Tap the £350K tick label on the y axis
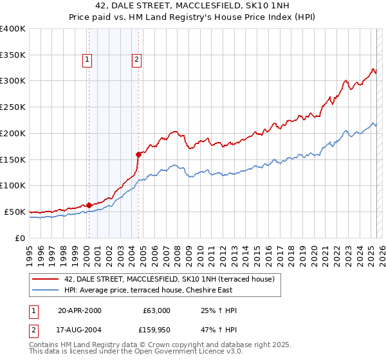(13, 55)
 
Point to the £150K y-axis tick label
(13, 159)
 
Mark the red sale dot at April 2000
(89, 205)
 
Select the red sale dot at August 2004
(138, 154)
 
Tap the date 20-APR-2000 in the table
(80, 310)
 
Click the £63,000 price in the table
(156, 310)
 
